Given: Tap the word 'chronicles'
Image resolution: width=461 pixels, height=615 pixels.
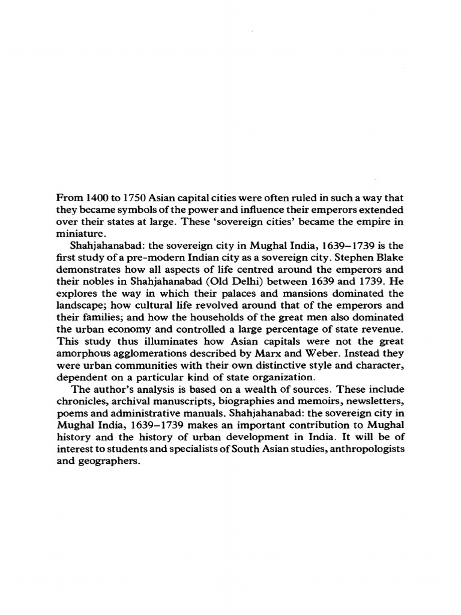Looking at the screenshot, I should (x=82, y=401).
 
